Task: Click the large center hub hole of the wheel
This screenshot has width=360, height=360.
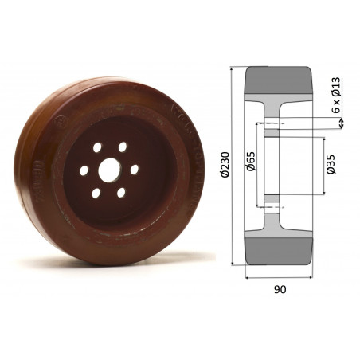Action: click(108, 170)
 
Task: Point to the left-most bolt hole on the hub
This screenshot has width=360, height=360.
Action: click(82, 170)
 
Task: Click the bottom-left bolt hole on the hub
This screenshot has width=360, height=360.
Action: click(96, 193)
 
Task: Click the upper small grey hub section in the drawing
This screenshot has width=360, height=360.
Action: click(271, 136)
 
